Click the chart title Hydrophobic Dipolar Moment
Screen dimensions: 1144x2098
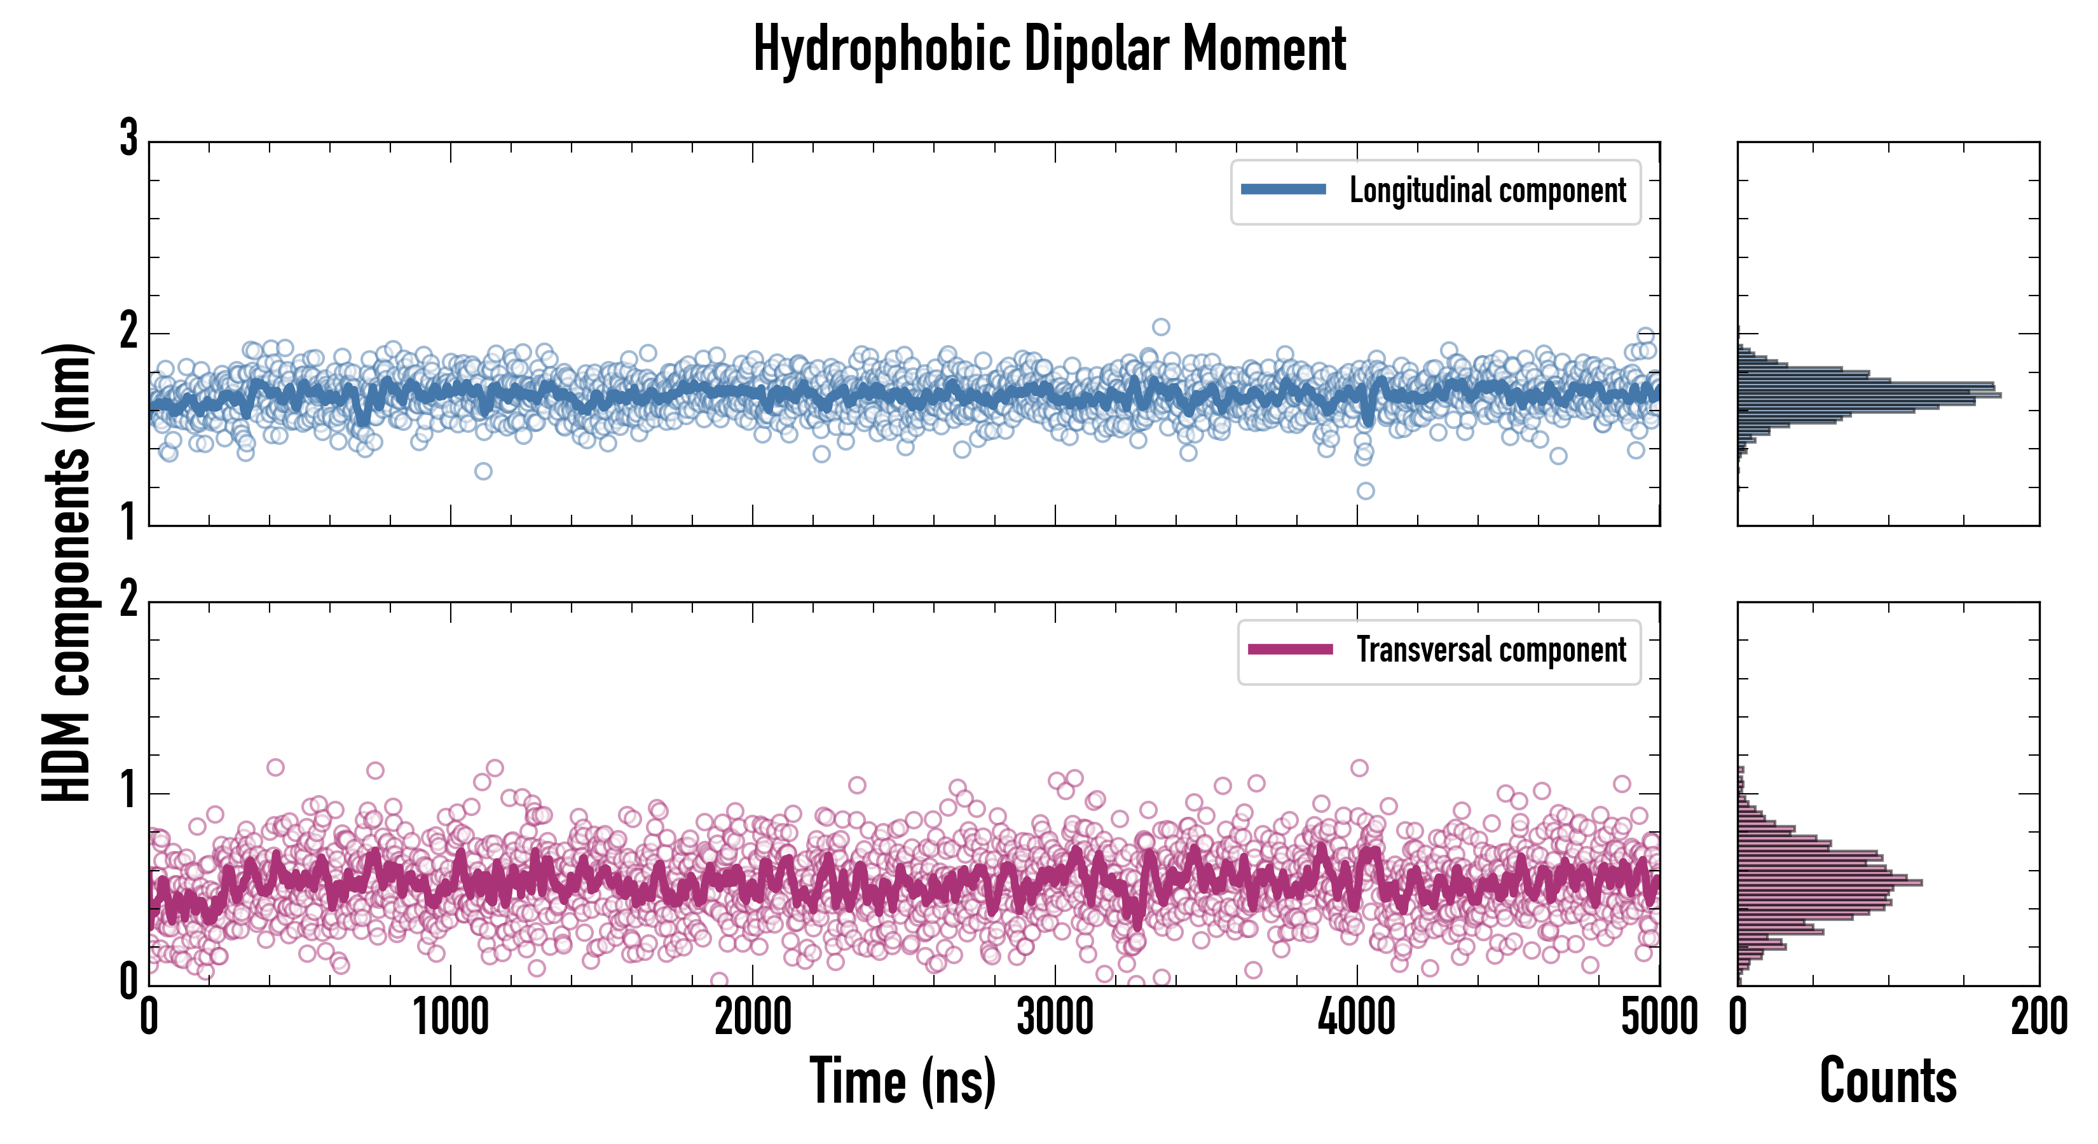(x=1049, y=49)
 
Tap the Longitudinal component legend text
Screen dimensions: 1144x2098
(x=1487, y=191)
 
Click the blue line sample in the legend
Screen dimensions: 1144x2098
(x=1283, y=190)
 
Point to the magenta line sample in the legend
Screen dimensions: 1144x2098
(x=1290, y=650)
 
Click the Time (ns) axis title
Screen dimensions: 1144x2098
(x=902, y=1081)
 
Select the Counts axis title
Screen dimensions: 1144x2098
(x=1888, y=1081)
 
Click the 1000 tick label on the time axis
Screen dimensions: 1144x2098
(x=450, y=1018)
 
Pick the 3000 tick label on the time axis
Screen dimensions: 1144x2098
(x=1055, y=1018)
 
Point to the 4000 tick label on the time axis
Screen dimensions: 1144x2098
(x=1357, y=1018)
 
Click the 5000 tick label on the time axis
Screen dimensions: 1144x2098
(x=1658, y=1018)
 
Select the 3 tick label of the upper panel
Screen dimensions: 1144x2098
(x=128, y=139)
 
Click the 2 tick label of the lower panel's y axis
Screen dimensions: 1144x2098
(x=128, y=600)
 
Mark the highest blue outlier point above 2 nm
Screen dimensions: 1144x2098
(x=1161, y=327)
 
